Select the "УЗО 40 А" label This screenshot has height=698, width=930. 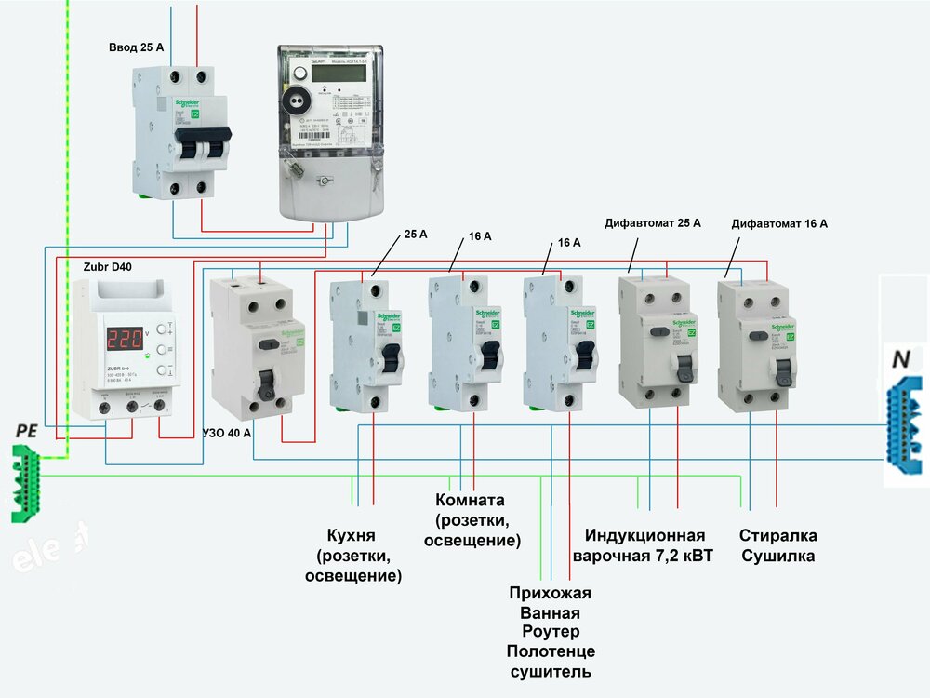[x=226, y=434]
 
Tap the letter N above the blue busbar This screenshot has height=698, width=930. [x=901, y=358]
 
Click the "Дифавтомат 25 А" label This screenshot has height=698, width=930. [x=652, y=223]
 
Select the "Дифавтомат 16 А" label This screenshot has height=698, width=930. [x=779, y=223]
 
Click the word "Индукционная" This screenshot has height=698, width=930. [x=644, y=536]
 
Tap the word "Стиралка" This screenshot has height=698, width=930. [x=778, y=536]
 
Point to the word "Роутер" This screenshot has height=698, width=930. [x=551, y=633]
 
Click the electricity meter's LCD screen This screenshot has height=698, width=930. [x=325, y=73]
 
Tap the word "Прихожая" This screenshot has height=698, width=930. [x=551, y=593]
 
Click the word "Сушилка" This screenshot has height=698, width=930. [x=778, y=557]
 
